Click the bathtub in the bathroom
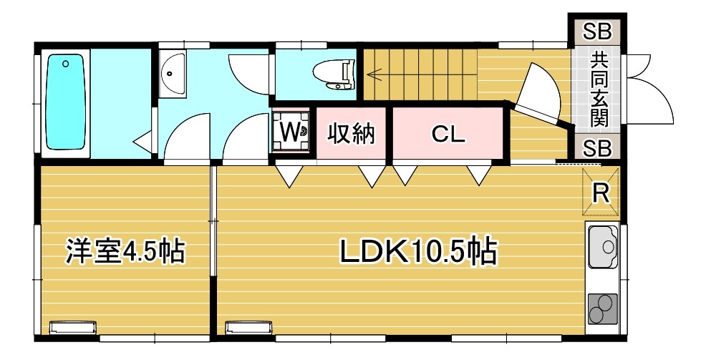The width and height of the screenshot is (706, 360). tap(65, 104)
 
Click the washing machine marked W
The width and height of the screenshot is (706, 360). tap(291, 132)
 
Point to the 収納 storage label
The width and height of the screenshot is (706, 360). tap(352, 133)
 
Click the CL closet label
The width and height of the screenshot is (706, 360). tap(448, 133)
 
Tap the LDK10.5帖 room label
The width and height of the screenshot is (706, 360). tap(418, 252)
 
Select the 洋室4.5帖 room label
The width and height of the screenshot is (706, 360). tap(125, 252)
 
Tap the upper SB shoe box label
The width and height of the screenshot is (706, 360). tap(596, 31)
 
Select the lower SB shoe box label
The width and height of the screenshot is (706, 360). tap(596, 149)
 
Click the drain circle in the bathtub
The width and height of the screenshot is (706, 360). tap(65, 64)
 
